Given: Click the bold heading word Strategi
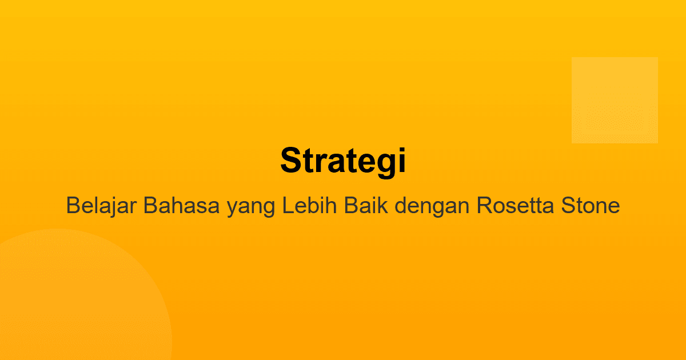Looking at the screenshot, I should coord(343,161).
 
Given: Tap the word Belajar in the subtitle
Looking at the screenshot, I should coord(102,205).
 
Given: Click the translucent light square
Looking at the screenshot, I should coord(615,100).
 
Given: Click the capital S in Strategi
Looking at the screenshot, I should coord(290,161).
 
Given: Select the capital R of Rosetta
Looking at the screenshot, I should coord(484,205).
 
